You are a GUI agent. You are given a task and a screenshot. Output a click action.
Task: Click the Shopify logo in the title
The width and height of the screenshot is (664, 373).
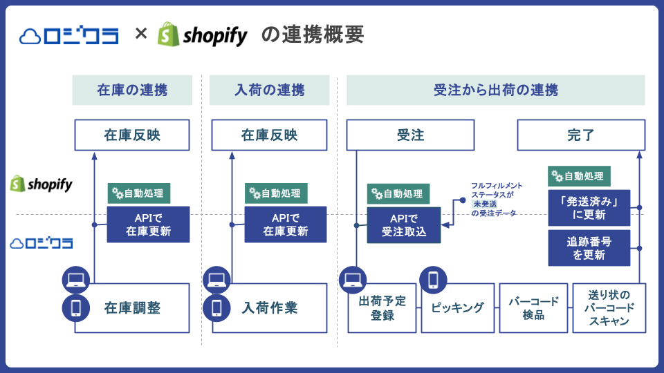pos(202,35)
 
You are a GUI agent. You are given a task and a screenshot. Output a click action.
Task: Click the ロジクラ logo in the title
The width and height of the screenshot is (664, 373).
pos(69,35)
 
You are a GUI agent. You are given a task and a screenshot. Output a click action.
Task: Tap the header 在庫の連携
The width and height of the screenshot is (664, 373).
pos(132,90)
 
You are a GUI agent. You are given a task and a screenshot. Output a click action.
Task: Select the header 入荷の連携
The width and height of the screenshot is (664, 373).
pos(269,90)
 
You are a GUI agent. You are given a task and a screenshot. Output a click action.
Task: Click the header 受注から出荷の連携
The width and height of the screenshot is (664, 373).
pos(495,90)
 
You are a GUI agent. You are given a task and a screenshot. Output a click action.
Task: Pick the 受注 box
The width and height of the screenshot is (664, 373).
pos(410,135)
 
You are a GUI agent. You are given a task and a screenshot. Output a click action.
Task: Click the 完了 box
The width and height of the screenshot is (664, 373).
pos(581,135)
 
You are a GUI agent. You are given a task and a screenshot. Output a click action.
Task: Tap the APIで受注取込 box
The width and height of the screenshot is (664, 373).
pos(404,224)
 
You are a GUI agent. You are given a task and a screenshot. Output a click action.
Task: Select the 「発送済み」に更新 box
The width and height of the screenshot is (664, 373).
pos(589,208)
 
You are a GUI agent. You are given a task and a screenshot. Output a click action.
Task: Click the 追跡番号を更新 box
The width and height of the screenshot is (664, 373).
pos(589,248)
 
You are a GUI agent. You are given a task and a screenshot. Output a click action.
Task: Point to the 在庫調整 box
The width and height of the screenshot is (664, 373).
pos(132,308)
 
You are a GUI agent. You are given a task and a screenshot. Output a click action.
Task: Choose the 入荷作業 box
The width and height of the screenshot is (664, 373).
pos(269,308)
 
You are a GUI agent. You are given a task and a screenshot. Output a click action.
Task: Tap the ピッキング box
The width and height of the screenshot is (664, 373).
pos(458,308)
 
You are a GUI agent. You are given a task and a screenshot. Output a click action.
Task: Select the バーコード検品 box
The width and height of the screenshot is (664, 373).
pos(533,308)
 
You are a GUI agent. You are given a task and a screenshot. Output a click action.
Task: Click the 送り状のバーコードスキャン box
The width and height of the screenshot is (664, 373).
pos(609,308)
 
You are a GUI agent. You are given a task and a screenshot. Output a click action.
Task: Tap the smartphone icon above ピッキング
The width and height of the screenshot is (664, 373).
pos(434,279)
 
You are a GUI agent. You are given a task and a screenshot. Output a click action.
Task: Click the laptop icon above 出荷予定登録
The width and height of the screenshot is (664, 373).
pos(353,279)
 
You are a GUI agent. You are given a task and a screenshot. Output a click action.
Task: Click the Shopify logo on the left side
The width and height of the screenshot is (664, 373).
pos(41,184)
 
